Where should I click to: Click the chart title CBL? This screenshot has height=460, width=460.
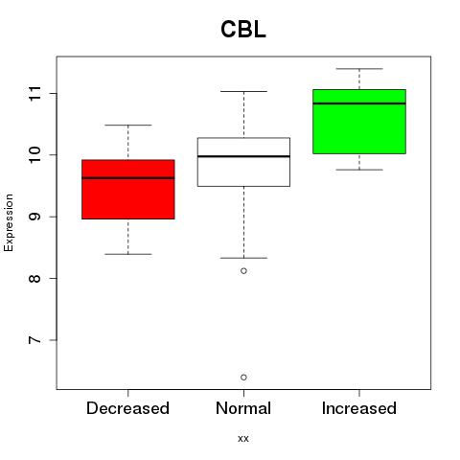click(243, 30)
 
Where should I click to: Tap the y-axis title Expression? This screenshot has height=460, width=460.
click(9, 222)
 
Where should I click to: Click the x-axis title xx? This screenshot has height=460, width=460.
click(243, 438)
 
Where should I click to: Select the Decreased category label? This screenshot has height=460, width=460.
click(127, 408)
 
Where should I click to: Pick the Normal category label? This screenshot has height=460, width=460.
click(243, 408)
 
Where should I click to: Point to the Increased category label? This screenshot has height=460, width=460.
click(359, 408)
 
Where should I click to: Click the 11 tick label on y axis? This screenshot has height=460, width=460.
click(34, 93)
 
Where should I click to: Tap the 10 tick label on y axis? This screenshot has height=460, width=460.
click(34, 155)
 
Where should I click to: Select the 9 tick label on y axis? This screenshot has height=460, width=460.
click(34, 217)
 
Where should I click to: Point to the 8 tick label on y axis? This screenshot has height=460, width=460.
click(34, 278)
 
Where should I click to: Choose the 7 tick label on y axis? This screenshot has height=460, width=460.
click(34, 340)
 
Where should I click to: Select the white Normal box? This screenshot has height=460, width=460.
click(243, 162)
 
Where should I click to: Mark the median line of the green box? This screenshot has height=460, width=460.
click(359, 103)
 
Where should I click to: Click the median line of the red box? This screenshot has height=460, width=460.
click(128, 178)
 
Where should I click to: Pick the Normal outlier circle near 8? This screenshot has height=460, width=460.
click(243, 271)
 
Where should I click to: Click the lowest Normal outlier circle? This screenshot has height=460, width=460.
click(243, 378)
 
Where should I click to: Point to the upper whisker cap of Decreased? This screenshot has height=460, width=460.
click(128, 125)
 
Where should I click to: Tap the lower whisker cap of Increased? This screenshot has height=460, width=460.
click(359, 170)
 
